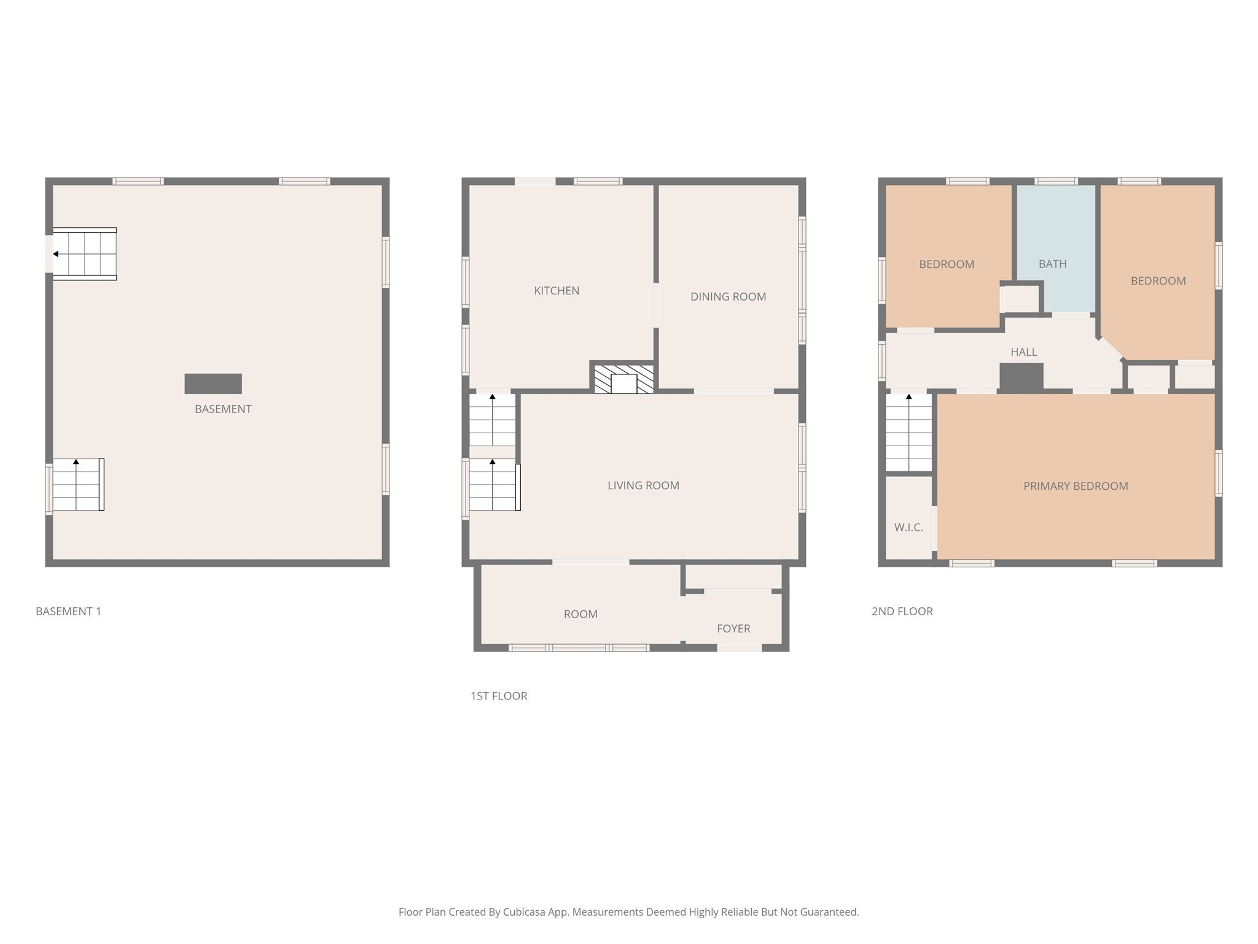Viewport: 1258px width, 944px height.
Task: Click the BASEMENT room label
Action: pos(223,409)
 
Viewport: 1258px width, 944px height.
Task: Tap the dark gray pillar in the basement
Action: pos(213,383)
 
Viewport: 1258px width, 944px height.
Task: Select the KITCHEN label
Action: pos(557,291)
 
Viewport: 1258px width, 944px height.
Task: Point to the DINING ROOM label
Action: pos(728,297)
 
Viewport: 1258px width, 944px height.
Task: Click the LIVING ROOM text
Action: pos(643,486)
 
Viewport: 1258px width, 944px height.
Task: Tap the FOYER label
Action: pos(733,629)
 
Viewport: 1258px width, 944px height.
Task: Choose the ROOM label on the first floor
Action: pos(580,614)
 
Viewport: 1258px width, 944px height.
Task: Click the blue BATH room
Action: pos(1056,246)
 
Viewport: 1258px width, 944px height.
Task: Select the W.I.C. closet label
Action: pos(908,527)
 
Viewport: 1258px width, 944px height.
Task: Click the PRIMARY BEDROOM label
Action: pos(1076,486)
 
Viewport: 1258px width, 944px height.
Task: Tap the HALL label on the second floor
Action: pos(1023,352)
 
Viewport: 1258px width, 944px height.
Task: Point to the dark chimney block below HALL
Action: pos(1022,376)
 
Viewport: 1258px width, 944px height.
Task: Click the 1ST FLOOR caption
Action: pos(499,696)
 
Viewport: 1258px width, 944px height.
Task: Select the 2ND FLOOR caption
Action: pos(902,611)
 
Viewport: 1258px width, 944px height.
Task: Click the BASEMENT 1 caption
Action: pos(68,611)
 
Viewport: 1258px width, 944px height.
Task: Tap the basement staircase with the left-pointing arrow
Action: pos(85,254)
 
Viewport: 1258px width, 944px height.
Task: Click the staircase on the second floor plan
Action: pos(908,433)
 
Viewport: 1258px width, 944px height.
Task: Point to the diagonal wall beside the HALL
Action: pos(1111,348)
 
